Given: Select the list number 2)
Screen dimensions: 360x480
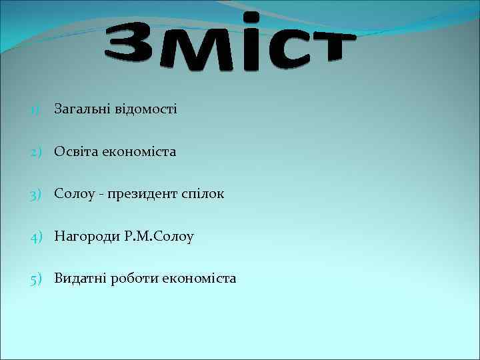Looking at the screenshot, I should click(36, 152).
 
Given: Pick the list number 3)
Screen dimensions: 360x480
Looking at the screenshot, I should click(36, 194).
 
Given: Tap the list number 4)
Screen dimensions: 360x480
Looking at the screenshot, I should click(36, 236).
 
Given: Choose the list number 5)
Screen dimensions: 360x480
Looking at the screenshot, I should click(36, 279).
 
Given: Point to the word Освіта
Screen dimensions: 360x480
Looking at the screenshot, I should click(76, 152).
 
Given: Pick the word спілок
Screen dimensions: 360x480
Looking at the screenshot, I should click(203, 195).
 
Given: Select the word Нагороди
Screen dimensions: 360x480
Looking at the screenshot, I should click(87, 236).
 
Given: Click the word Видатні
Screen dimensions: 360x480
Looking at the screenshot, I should click(81, 279).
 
